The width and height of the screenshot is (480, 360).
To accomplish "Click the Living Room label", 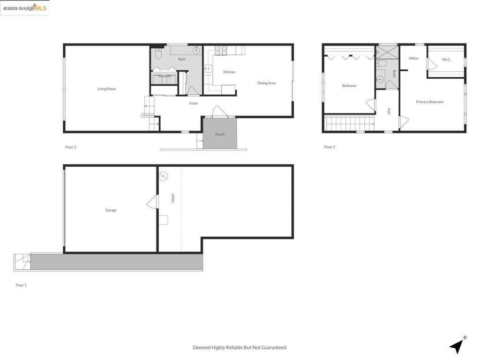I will tap(106, 89).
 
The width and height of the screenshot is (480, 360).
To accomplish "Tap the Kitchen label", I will tap(229, 72).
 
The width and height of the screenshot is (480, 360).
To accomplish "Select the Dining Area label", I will tap(266, 83).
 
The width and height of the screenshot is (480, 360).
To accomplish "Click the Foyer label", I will tap(194, 103).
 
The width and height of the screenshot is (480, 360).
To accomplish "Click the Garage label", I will tap(111, 210).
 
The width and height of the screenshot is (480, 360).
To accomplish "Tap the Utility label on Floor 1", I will tap(173, 198).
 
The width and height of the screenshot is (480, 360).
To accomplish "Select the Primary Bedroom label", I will tap(429, 102).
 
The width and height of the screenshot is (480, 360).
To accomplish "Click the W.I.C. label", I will tap(446, 60).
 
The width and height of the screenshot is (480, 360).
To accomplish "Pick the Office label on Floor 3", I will tap(413, 59).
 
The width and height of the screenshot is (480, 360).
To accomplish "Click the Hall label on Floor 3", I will tap(389, 111).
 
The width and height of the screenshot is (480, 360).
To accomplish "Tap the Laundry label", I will tap(165, 76).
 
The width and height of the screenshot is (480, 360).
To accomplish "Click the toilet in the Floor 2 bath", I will tap(158, 55).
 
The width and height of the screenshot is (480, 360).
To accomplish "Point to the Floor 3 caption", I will tap(329, 147).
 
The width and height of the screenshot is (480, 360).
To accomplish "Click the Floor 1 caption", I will tap(21, 285).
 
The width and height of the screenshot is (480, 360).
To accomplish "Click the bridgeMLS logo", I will tap(25, 8).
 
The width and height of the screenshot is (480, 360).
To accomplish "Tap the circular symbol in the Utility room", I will tap(164, 176).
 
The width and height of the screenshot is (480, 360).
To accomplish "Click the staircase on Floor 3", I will tap(349, 124).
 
